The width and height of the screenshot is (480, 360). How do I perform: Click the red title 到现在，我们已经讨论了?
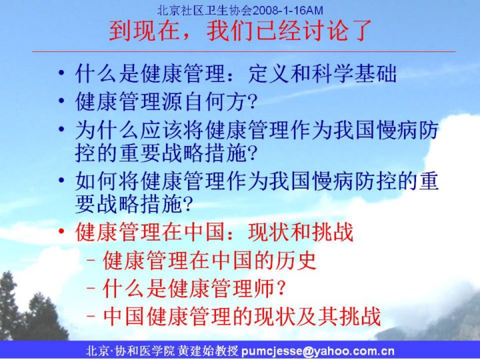[240, 31]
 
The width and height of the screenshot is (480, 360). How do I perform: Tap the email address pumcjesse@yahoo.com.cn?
[318, 351]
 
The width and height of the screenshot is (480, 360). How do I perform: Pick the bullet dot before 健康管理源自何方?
[61, 101]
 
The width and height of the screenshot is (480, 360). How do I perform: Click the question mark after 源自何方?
[252, 101]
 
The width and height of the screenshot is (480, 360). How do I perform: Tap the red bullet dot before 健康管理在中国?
[61, 231]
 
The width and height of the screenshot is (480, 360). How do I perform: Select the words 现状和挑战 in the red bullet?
[301, 232]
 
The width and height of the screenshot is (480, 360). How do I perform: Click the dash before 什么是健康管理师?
[91, 289]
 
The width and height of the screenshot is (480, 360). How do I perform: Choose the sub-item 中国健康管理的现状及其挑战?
[242, 316]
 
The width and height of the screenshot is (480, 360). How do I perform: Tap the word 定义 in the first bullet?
[269, 73]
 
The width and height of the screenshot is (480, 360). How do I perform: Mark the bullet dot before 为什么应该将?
[61, 129]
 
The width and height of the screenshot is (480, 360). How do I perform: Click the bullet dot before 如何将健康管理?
[61, 180]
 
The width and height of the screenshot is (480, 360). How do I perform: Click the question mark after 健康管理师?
[281, 289]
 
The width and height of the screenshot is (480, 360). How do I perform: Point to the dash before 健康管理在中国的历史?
[91, 261]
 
